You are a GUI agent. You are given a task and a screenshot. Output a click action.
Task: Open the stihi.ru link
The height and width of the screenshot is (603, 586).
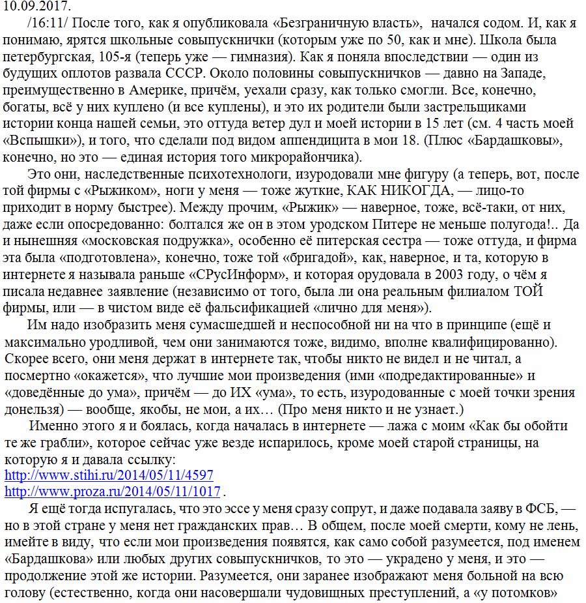tap(109, 475)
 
